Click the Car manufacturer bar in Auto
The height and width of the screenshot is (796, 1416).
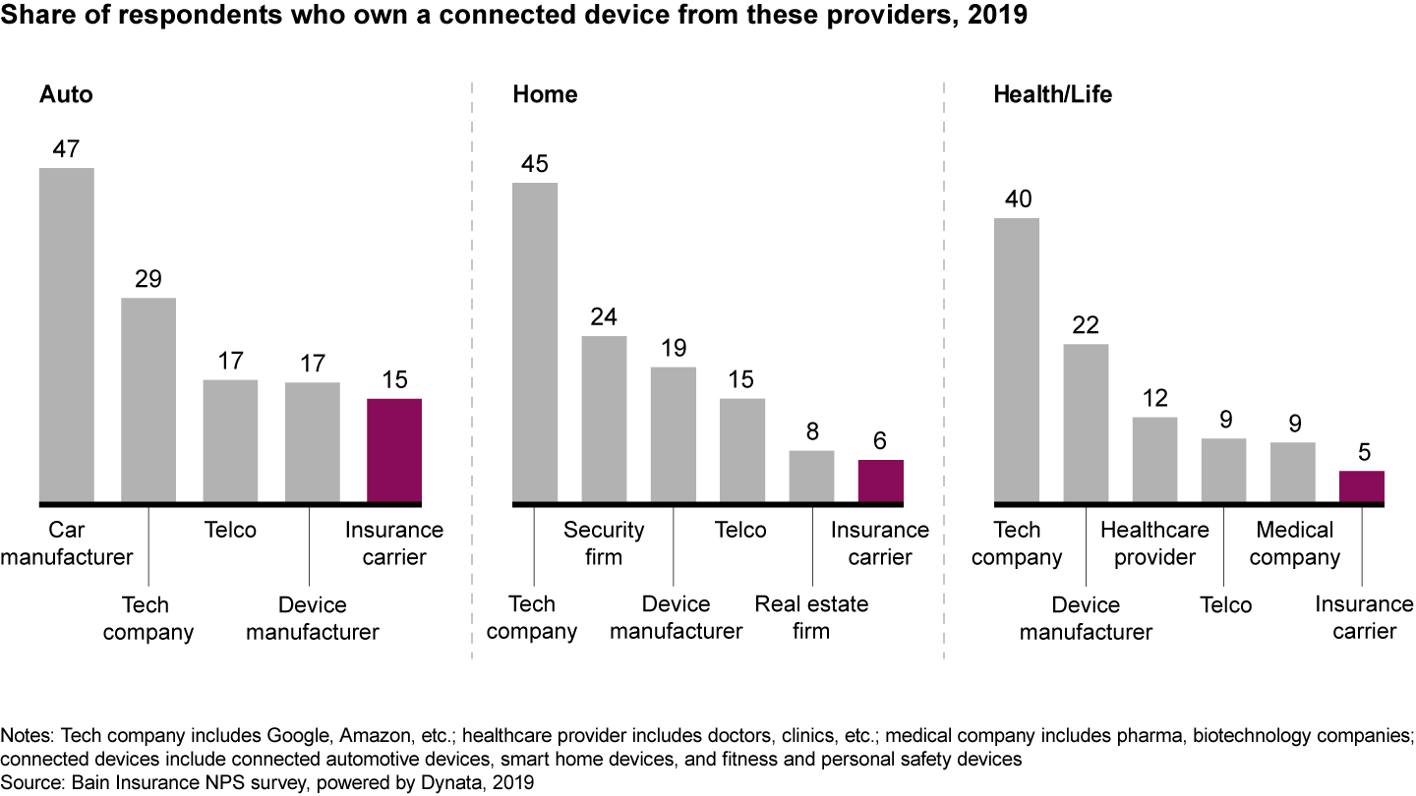point(66,335)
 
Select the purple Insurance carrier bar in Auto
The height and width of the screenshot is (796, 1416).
point(394,451)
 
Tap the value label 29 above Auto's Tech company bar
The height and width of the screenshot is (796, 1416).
point(147,279)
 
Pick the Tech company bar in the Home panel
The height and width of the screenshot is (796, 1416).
point(535,343)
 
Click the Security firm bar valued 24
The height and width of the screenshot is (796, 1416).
point(604,420)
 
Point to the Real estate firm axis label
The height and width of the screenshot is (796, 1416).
point(811,617)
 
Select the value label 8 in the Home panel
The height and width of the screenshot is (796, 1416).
point(811,430)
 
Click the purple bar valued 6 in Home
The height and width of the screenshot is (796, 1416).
point(881,482)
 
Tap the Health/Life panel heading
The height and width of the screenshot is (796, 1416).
point(1052,95)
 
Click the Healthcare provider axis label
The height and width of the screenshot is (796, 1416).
point(1154,543)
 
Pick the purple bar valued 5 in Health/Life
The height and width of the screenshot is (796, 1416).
point(1361,487)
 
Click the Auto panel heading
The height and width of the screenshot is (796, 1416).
point(66,95)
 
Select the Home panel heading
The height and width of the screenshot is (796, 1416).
point(545,95)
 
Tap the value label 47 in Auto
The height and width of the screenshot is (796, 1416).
point(66,149)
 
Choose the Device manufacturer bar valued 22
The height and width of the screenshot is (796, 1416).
point(1086,424)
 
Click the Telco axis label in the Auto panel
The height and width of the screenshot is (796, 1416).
point(230,531)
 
